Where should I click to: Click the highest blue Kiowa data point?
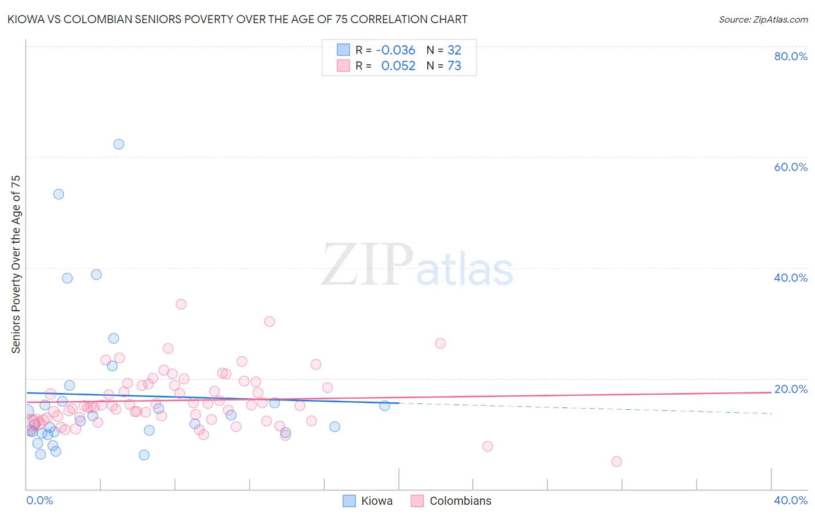click(x=119, y=144)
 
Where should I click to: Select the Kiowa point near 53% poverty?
click(x=59, y=194)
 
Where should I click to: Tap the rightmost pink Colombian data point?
click(x=616, y=461)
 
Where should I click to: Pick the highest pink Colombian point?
click(x=181, y=304)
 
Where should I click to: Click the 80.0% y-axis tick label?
click(x=791, y=56)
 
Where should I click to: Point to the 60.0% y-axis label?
click(x=791, y=167)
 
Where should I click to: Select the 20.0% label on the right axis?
click(x=791, y=389)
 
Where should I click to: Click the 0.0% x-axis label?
click(x=39, y=500)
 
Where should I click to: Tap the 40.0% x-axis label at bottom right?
click(x=791, y=500)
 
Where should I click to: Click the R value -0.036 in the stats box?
click(x=395, y=50)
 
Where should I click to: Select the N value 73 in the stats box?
click(x=454, y=66)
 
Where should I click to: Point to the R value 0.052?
click(x=398, y=66)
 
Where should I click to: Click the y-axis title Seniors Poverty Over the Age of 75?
click(x=16, y=264)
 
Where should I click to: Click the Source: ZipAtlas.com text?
click(x=763, y=20)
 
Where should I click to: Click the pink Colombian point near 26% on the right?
click(x=441, y=343)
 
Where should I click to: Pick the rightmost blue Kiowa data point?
click(x=384, y=406)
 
